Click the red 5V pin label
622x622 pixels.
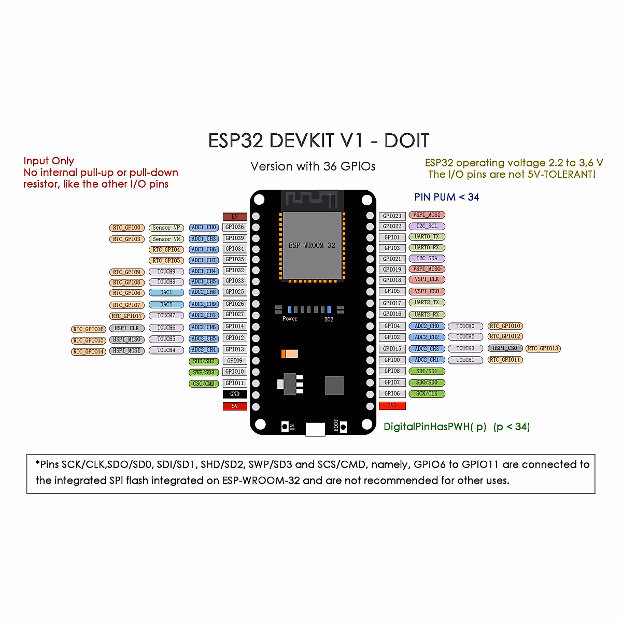[235, 406]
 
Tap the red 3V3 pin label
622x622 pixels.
[392, 405]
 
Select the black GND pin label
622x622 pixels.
[235, 394]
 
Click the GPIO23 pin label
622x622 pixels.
[392, 216]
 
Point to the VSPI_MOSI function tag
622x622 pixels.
[427, 215]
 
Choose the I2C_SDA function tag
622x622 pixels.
[427, 258]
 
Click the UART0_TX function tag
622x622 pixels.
[427, 237]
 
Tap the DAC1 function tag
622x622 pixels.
[166, 292]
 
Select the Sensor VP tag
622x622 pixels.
[166, 228]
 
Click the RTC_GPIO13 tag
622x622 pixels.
[543, 348]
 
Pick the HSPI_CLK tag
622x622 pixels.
[126, 328]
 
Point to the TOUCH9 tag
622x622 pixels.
[166, 271]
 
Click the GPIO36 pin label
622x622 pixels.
[235, 227]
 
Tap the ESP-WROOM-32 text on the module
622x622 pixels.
[312, 245]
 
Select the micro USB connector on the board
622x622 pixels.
[315, 429]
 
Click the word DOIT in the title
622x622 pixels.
[406, 141]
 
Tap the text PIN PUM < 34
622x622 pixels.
[446, 197]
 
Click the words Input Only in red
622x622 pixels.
[49, 161]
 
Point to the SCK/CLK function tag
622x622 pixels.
[427, 394]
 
